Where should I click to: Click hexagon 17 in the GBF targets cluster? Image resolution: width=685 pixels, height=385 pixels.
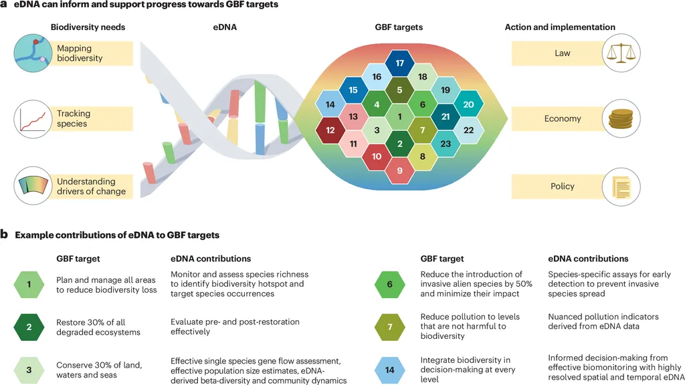[399, 63]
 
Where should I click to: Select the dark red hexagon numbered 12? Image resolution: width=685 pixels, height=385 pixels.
[330, 130]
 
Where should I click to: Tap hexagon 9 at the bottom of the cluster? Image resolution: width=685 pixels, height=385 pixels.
[399, 170]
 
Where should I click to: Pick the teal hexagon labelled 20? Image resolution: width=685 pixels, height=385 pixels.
[468, 104]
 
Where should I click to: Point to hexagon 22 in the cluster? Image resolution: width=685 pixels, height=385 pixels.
[468, 130]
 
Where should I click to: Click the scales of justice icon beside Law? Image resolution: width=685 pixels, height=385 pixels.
[621, 53]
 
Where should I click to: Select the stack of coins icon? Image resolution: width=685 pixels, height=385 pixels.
[621, 118]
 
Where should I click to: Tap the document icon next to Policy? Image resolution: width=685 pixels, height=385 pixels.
[621, 187]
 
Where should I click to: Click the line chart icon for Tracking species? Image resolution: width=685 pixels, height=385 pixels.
[33, 119]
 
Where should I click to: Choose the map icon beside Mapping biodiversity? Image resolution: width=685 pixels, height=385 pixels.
[33, 53]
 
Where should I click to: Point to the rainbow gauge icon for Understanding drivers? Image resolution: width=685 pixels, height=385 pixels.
[33, 186]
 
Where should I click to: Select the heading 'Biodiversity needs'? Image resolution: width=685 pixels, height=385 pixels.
[88, 27]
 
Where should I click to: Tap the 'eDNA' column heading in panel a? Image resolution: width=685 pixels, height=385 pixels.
[225, 27]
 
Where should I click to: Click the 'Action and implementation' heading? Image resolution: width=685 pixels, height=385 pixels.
[560, 27]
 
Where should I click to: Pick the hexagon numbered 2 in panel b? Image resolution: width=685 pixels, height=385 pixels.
[29, 327]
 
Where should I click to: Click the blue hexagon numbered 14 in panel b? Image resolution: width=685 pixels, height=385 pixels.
[390, 370]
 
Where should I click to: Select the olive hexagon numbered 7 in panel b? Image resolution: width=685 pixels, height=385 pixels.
[390, 327]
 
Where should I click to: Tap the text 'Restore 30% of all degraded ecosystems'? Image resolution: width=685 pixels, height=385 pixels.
[98, 327]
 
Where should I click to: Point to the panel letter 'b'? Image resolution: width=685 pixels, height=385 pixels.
[5, 235]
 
